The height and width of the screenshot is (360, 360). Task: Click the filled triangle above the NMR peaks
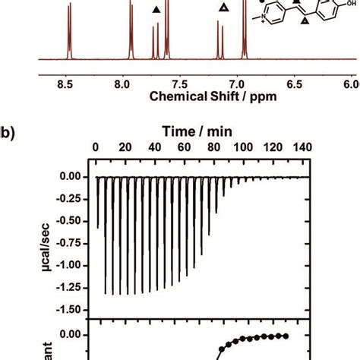(x=156, y=10)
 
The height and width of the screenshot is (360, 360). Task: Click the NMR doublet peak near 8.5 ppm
(x=68, y=30)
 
